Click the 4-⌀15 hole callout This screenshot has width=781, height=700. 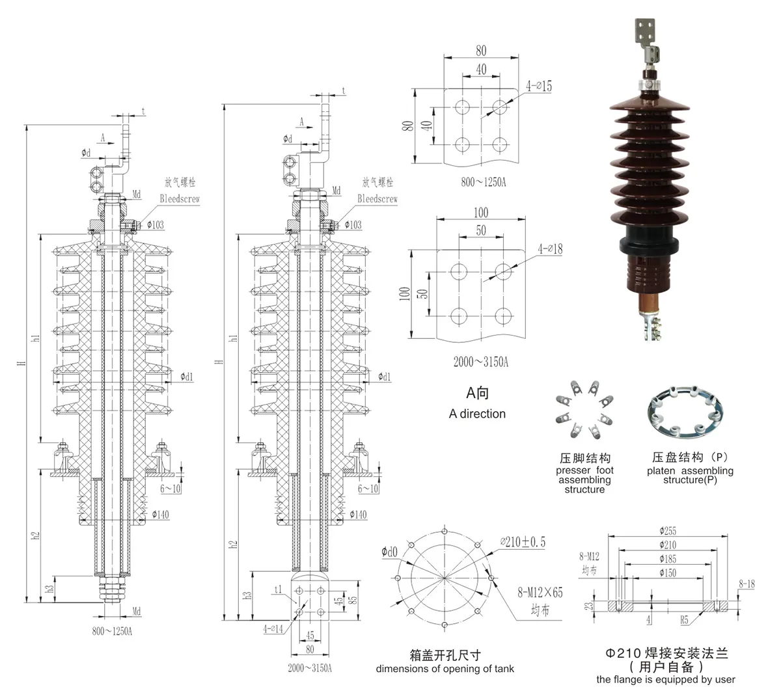[538, 86]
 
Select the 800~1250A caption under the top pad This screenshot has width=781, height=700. [483, 183]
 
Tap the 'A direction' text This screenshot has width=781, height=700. [476, 414]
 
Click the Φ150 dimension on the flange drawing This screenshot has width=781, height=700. [667, 573]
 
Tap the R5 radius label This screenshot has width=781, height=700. [684, 621]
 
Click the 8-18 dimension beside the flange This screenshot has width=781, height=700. [747, 585]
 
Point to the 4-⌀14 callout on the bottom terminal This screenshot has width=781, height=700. [273, 629]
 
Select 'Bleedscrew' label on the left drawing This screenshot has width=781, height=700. [180, 198]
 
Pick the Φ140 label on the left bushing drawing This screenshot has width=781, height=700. [160, 515]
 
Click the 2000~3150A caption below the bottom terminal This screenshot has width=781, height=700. [310, 668]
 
